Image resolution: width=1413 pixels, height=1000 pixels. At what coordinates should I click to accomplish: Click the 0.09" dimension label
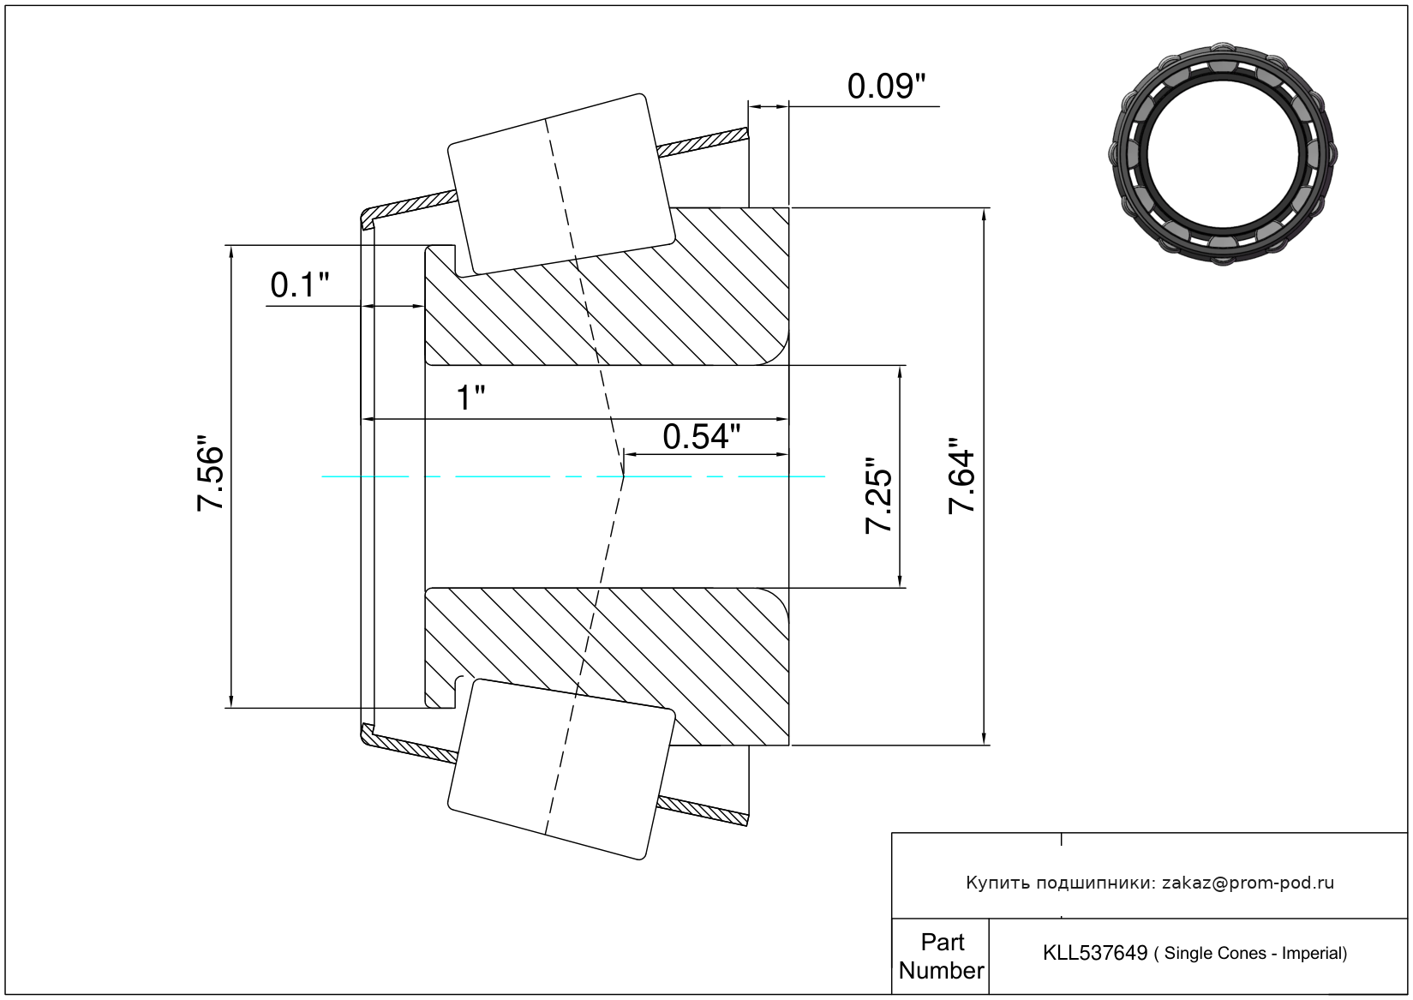[886, 87]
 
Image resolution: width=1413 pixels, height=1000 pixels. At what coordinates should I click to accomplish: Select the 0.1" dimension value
[299, 285]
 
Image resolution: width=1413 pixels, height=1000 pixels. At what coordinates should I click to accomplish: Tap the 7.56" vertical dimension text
[210, 477]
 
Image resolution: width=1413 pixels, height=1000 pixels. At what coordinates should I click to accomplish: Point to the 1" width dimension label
[470, 398]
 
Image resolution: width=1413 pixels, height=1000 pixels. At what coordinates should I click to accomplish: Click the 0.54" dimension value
[701, 437]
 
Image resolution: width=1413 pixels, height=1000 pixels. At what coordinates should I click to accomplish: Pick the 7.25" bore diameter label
[879, 495]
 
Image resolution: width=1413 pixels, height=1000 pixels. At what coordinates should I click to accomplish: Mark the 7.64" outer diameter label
[962, 476]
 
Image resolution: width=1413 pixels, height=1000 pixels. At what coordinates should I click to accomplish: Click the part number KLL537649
[1094, 953]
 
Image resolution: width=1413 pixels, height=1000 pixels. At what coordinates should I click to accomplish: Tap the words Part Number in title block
[941, 956]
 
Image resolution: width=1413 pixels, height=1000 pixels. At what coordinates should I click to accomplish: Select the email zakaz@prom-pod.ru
[1248, 883]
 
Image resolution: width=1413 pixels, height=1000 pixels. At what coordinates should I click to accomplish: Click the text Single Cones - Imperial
[1254, 954]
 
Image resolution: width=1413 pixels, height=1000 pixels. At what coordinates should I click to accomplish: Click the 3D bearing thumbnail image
[1223, 153]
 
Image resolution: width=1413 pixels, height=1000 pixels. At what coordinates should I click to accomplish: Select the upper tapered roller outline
[561, 183]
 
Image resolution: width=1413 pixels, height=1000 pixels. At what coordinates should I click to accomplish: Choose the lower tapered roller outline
[561, 769]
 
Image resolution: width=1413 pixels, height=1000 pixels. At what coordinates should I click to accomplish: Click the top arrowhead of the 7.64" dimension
[984, 214]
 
